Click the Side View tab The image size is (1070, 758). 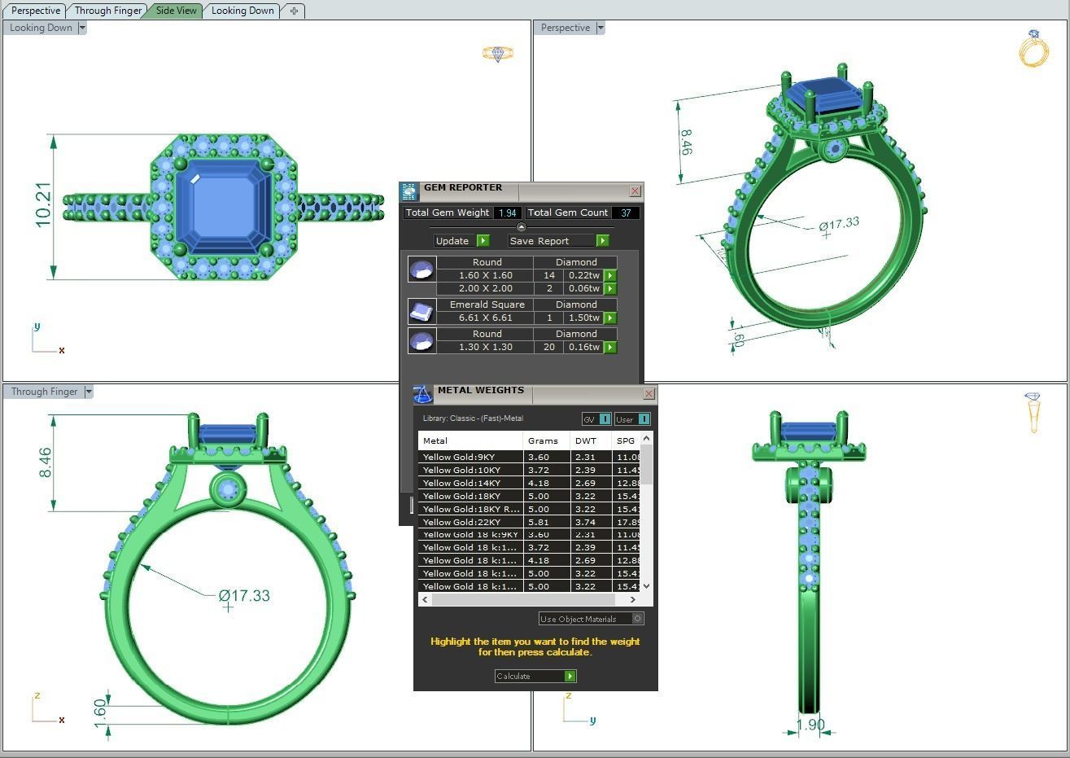click(176, 11)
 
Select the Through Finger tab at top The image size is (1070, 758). click(107, 11)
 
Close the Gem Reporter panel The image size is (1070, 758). click(635, 191)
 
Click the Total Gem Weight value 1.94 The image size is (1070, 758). click(508, 213)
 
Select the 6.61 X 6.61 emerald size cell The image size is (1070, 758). click(485, 318)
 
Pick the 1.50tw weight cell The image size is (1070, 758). click(583, 318)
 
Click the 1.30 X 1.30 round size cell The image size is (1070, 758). click(485, 347)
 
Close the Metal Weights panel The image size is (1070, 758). click(649, 393)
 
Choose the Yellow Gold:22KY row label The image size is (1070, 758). click(461, 522)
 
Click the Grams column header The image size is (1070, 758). click(543, 440)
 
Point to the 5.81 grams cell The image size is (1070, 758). click(539, 522)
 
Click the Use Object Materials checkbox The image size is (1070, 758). click(637, 619)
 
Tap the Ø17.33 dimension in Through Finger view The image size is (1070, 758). click(244, 596)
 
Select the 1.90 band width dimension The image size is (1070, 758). click(810, 725)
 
